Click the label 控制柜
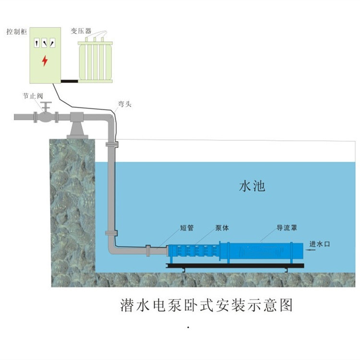point(17,31)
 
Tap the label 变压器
point(82,31)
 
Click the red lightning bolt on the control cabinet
point(45,61)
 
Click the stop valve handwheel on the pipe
point(46,104)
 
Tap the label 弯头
point(124,104)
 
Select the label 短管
point(187,228)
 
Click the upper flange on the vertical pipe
point(111,144)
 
